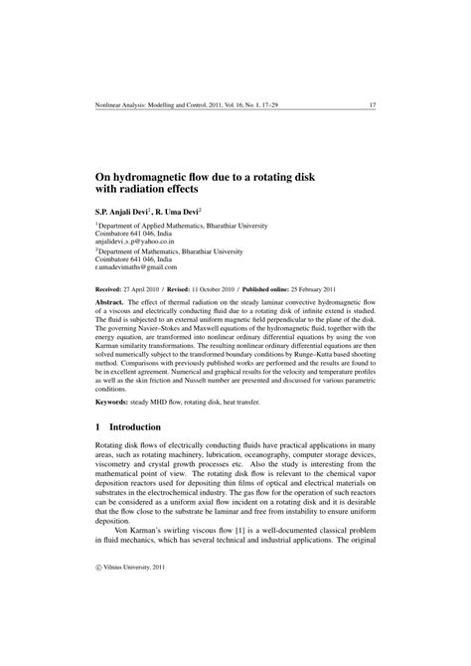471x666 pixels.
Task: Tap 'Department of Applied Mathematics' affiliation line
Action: (x=145, y=225)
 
